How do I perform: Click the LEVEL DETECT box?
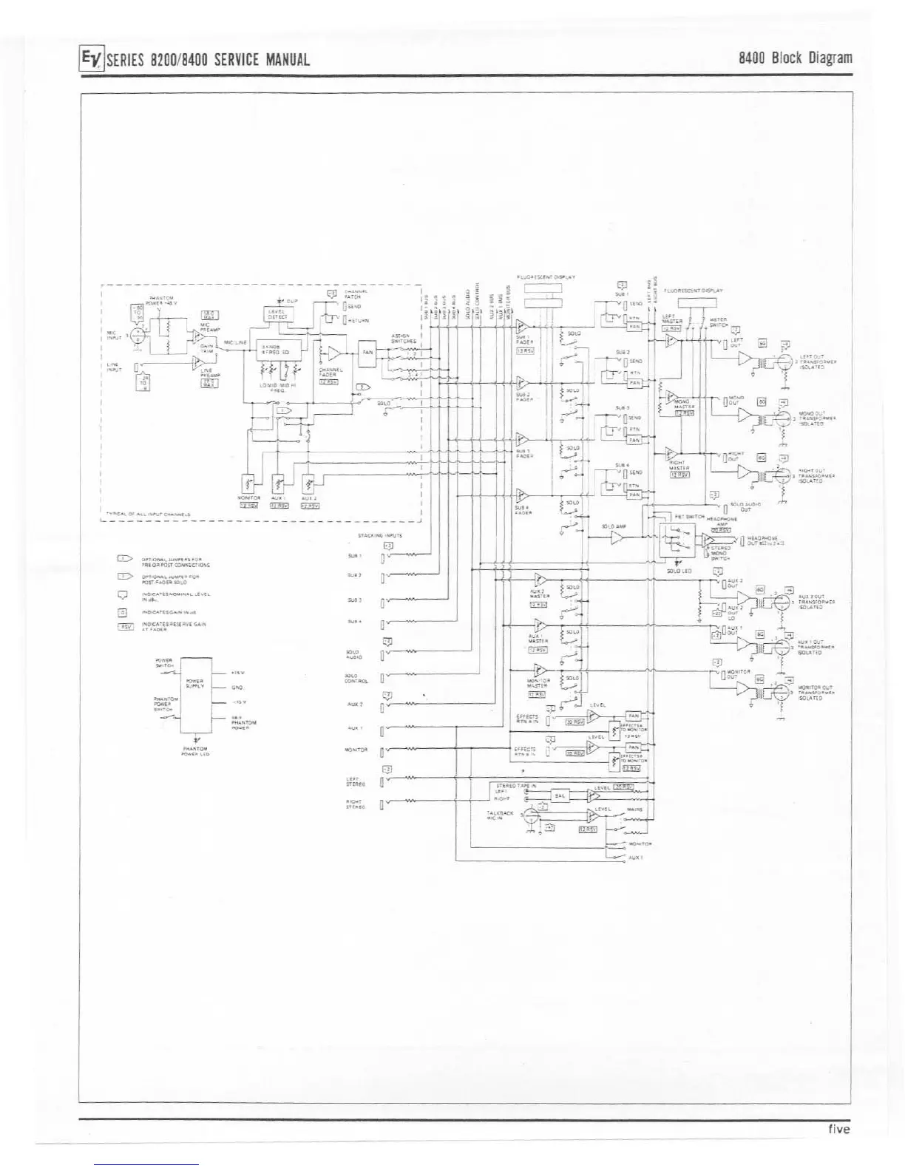[278, 315]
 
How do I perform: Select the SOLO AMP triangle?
[617, 539]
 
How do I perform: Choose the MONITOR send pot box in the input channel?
[249, 485]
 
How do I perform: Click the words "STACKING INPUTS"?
[379, 535]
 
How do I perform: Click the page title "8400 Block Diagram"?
[796, 58]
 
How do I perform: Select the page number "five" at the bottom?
[838, 1129]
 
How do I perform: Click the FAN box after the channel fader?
[367, 353]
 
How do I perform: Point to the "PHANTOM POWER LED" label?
[195, 751]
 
